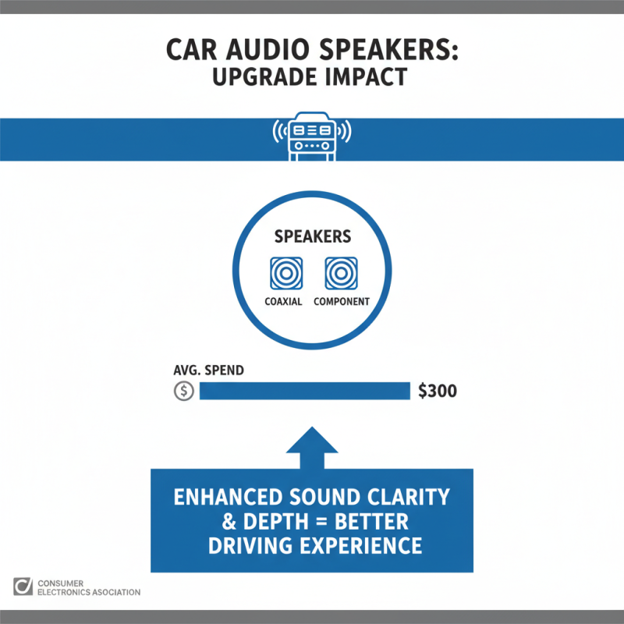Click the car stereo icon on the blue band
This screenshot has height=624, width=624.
[312, 138]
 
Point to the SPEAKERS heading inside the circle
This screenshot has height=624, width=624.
[312, 236]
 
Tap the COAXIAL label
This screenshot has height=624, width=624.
[284, 302]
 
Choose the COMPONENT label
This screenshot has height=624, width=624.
[341, 302]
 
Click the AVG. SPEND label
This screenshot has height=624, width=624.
[208, 370]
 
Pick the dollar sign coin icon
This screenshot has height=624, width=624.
[183, 391]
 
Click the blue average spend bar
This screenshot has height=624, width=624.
[305, 391]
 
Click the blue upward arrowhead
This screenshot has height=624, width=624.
[312, 445]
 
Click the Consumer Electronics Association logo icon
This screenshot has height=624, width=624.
[23, 587]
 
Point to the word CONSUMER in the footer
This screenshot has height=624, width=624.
[64, 582]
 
